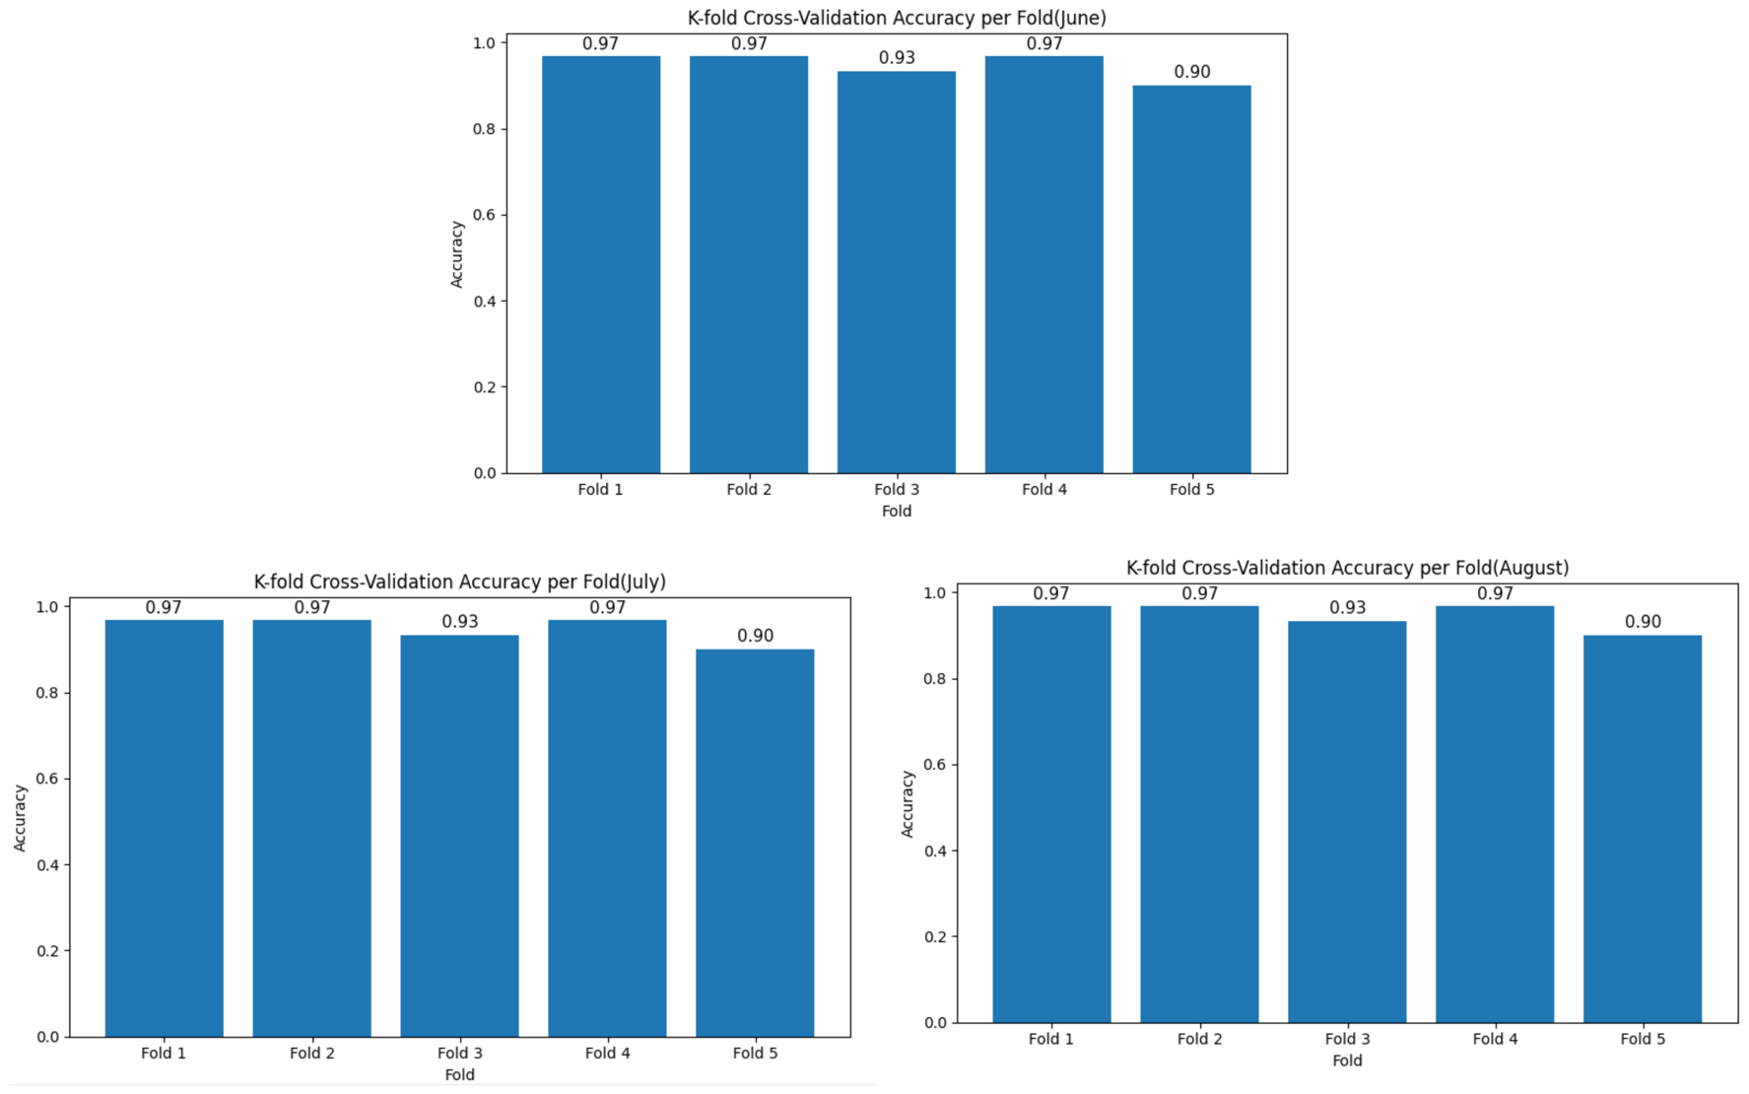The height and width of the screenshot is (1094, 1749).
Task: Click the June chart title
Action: pyautogui.click(x=896, y=18)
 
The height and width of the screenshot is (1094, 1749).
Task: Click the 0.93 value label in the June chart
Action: pyautogui.click(x=897, y=58)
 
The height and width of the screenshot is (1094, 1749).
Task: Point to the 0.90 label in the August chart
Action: pyautogui.click(x=1643, y=622)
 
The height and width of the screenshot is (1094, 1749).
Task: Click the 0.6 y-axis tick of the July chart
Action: pyautogui.click(x=47, y=779)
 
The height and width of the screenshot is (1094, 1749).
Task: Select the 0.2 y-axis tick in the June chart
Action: pyautogui.click(x=484, y=387)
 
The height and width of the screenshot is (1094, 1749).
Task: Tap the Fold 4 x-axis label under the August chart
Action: pyautogui.click(x=1495, y=1039)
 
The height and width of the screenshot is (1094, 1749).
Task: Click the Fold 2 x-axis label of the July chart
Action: pyautogui.click(x=311, y=1053)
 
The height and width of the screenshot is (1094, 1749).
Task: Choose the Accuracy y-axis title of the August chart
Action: pyautogui.click(x=908, y=804)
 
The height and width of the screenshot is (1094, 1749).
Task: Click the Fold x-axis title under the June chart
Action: pyautogui.click(x=896, y=511)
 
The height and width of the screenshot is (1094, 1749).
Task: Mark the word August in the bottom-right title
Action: pyautogui.click(x=1531, y=568)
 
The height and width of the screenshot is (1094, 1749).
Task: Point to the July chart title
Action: pyautogui.click(x=459, y=581)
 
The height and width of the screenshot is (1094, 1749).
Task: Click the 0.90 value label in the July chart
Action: pyautogui.click(x=755, y=636)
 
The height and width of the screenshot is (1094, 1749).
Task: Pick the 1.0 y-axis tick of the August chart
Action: pyautogui.click(x=934, y=593)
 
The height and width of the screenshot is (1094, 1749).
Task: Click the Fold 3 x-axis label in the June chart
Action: pyautogui.click(x=896, y=489)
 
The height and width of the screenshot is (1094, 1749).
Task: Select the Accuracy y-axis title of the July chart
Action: pyautogui.click(x=20, y=818)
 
